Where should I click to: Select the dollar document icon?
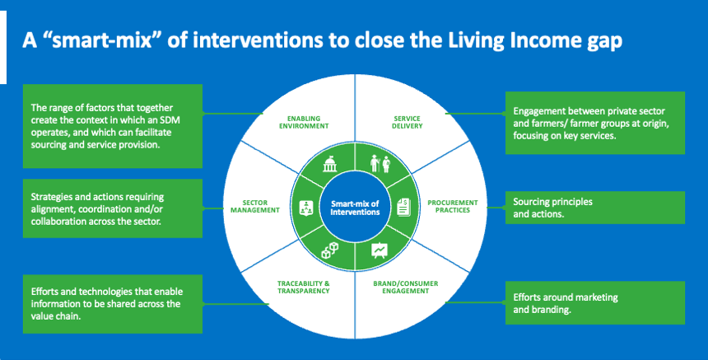click(x=403, y=207)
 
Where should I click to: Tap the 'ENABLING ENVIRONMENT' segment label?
click(x=303, y=122)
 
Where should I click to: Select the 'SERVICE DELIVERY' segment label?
click(x=407, y=122)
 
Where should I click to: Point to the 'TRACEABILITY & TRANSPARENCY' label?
click(x=304, y=288)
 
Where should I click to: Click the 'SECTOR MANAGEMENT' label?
click(x=257, y=207)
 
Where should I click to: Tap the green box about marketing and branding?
click(x=594, y=303)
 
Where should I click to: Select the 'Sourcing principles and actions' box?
click(x=594, y=208)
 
